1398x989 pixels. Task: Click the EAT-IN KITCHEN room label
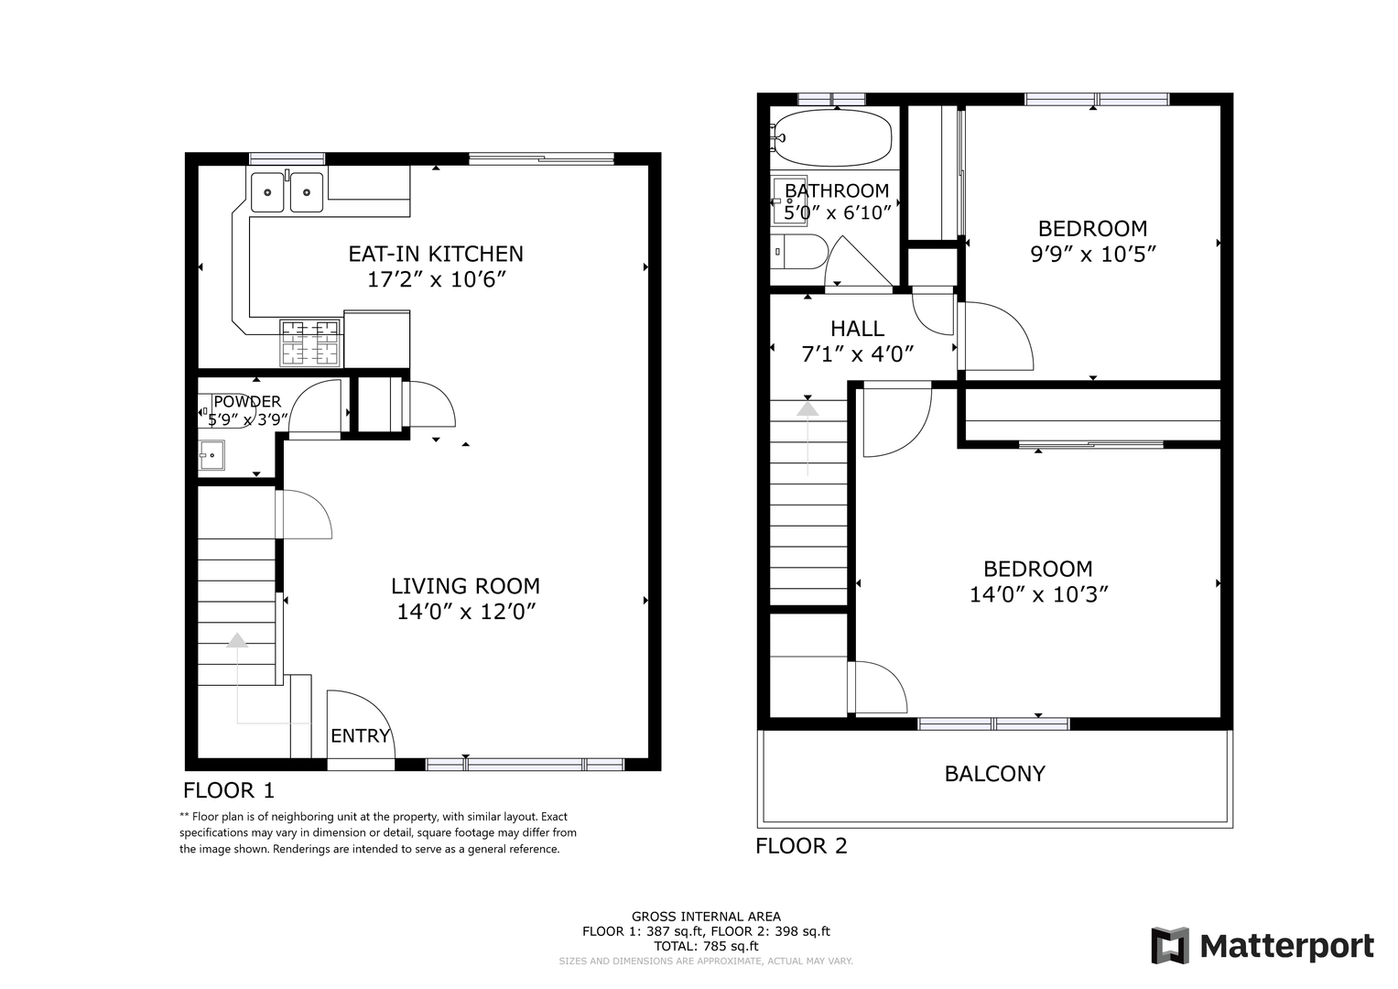click(x=436, y=254)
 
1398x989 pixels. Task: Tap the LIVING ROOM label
click(x=466, y=586)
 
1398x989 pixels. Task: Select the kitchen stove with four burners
click(x=310, y=342)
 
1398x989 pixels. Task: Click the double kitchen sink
click(x=287, y=191)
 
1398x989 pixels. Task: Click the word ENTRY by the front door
click(x=360, y=736)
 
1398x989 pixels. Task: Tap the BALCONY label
click(x=995, y=774)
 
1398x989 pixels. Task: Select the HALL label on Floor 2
click(x=858, y=329)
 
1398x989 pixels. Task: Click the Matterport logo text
click(x=1287, y=947)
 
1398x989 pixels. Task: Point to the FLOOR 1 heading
click(x=229, y=790)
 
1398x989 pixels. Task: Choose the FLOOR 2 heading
click(x=801, y=846)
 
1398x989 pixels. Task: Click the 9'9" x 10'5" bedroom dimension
click(x=1093, y=255)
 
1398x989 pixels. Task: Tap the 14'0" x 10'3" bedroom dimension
click(x=1038, y=594)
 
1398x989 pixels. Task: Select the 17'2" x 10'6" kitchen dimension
click(x=436, y=279)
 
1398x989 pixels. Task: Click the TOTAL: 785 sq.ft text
click(x=706, y=946)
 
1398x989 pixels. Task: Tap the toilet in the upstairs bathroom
click(x=799, y=252)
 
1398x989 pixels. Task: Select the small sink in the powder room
click(x=211, y=455)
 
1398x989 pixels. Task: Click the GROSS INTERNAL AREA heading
click(x=706, y=917)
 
